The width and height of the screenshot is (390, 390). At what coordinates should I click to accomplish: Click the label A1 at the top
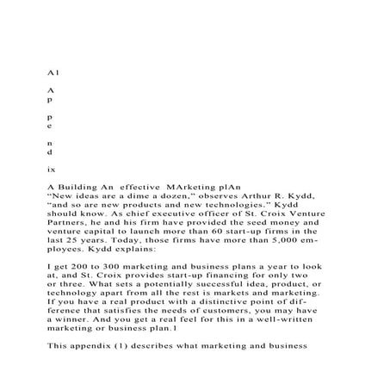pos(52,74)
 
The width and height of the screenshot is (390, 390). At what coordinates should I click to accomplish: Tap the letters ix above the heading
pos(52,169)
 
